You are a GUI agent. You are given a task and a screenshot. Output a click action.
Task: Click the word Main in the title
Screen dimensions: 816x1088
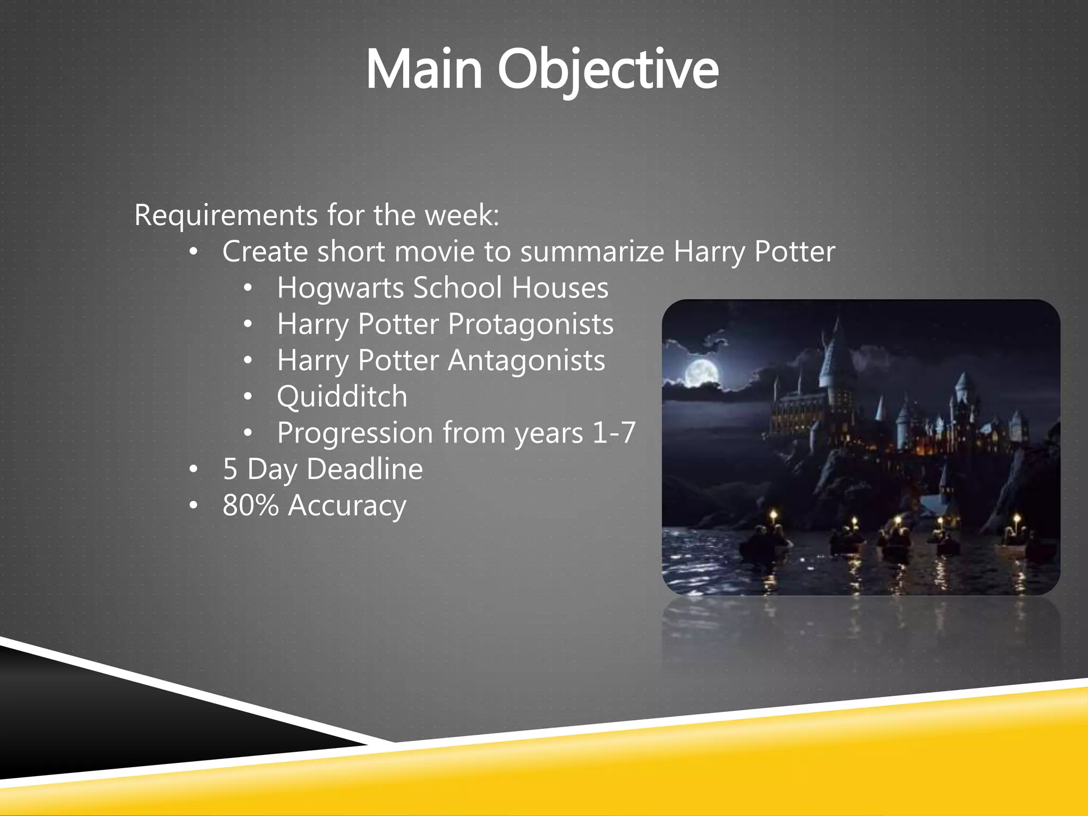(424, 70)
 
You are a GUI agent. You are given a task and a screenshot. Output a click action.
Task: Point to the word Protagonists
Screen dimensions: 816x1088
(530, 325)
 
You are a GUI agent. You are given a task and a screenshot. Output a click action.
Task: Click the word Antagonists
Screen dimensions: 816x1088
(526, 361)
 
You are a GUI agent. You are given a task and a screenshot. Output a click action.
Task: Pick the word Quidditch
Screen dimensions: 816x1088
(342, 397)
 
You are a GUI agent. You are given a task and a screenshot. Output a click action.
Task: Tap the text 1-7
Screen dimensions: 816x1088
(614, 433)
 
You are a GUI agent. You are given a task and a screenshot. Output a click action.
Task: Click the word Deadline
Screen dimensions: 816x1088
(364, 470)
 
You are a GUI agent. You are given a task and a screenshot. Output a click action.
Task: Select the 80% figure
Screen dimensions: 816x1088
(250, 505)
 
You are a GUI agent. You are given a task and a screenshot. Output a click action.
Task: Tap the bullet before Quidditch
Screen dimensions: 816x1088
(248, 397)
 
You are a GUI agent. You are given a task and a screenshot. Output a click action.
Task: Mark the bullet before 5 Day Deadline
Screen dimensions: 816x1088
(193, 470)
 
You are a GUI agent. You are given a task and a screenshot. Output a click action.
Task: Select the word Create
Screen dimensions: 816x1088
(265, 252)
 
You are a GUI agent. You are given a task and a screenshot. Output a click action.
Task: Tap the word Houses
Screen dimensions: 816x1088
(560, 288)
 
